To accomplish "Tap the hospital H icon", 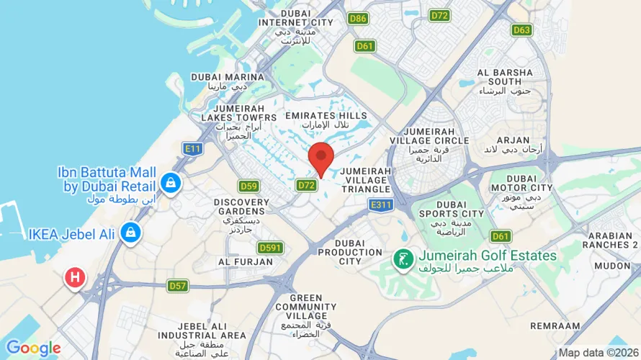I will click(x=74, y=277).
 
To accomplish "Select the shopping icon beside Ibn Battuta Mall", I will click(x=171, y=184).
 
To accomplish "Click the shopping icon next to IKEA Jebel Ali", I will click(x=130, y=233).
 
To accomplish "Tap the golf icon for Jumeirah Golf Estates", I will click(x=402, y=258).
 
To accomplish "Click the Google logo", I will click(x=33, y=348).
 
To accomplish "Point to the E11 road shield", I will click(x=192, y=149).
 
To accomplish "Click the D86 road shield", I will click(x=358, y=18).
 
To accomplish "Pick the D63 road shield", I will click(x=522, y=30).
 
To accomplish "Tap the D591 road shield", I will click(x=270, y=248).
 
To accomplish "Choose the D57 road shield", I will click(x=178, y=286).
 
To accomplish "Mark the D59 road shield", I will click(x=248, y=186).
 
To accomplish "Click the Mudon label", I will click(x=611, y=265).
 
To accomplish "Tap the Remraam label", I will click(x=555, y=325).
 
